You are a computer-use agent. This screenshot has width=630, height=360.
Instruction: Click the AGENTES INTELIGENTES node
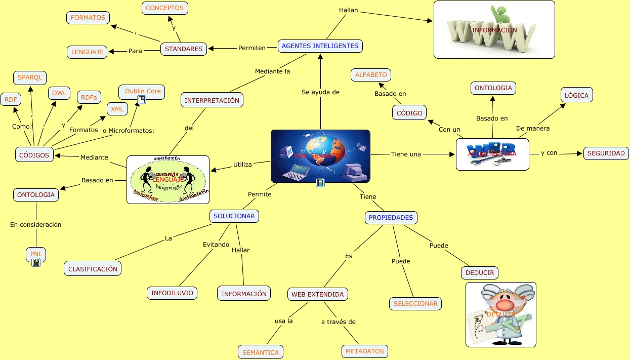[x=320, y=46]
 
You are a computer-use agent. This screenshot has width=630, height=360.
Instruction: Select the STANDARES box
[x=184, y=49]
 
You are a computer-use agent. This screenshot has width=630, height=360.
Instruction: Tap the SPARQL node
[x=30, y=77]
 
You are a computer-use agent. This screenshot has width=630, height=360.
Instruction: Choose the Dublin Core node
[x=143, y=92]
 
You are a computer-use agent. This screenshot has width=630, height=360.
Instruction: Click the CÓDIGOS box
[x=34, y=155]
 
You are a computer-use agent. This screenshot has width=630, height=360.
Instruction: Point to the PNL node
[x=36, y=254]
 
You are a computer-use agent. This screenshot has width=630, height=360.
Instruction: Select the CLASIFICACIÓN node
[x=93, y=269]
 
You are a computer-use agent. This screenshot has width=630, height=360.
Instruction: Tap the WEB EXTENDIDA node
[x=317, y=294]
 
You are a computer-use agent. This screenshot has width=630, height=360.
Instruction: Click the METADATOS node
[x=365, y=351]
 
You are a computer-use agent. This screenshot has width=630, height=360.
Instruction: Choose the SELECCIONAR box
[x=415, y=304]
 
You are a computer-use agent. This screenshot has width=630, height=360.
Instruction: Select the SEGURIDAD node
[x=606, y=153]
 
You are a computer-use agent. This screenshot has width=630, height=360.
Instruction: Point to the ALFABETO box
[x=371, y=75]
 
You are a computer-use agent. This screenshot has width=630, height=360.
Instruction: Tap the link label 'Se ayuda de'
[x=320, y=92]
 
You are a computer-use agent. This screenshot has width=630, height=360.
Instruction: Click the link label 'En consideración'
[x=36, y=224]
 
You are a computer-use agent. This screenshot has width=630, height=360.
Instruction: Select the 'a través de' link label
[x=339, y=322]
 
